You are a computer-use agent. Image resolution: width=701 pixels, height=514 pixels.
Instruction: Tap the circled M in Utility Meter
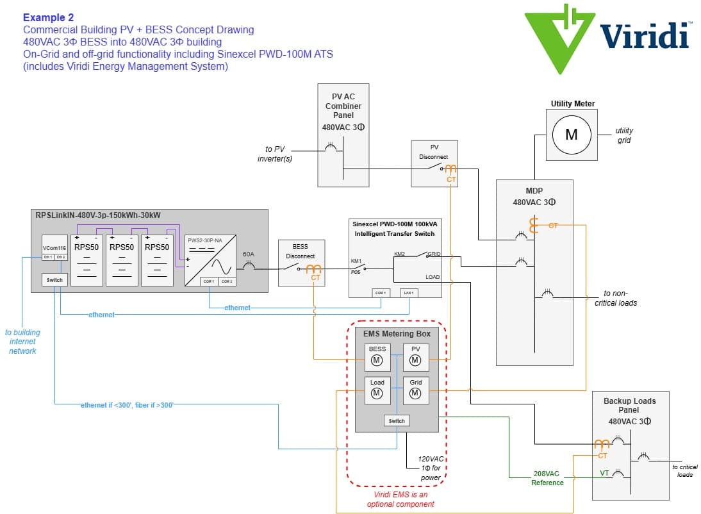coord(571,134)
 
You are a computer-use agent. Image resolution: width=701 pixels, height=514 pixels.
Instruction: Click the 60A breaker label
coord(248,254)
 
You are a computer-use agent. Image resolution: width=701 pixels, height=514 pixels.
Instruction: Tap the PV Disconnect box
coord(434,163)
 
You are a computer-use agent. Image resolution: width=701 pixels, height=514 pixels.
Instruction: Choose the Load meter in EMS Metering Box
coord(377,390)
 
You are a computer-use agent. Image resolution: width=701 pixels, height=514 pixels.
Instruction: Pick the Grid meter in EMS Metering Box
coord(415,390)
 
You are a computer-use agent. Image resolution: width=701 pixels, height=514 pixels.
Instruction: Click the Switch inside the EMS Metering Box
coord(397,421)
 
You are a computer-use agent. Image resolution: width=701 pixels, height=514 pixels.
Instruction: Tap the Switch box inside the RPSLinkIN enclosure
coord(54,280)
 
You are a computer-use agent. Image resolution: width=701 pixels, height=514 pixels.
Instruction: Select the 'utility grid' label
coord(623,135)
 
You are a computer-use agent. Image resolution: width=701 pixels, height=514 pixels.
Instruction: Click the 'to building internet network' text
coord(22,342)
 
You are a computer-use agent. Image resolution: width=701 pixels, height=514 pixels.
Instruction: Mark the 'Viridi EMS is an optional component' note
coord(400,499)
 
